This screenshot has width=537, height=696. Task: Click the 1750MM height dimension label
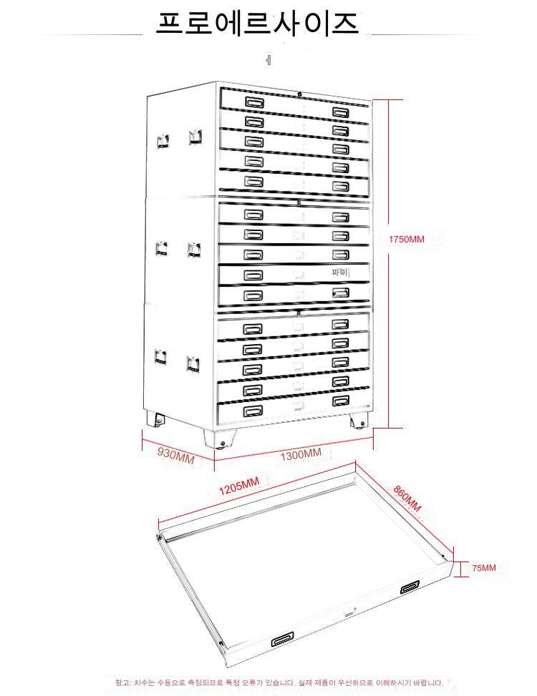click(406, 240)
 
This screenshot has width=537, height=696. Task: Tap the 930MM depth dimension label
click(175, 455)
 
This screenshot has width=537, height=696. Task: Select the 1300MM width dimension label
click(301, 455)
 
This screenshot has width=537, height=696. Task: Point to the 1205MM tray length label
click(238, 487)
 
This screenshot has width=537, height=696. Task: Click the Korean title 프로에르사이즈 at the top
click(258, 24)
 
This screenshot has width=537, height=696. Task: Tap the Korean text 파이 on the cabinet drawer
click(339, 273)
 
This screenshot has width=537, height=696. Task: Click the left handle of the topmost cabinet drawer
click(254, 103)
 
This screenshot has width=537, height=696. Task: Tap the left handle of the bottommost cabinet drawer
click(253, 411)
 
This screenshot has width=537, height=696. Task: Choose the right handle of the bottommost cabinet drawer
click(340, 400)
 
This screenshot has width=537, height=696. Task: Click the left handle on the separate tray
click(283, 639)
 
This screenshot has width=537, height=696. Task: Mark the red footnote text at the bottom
click(279, 682)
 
